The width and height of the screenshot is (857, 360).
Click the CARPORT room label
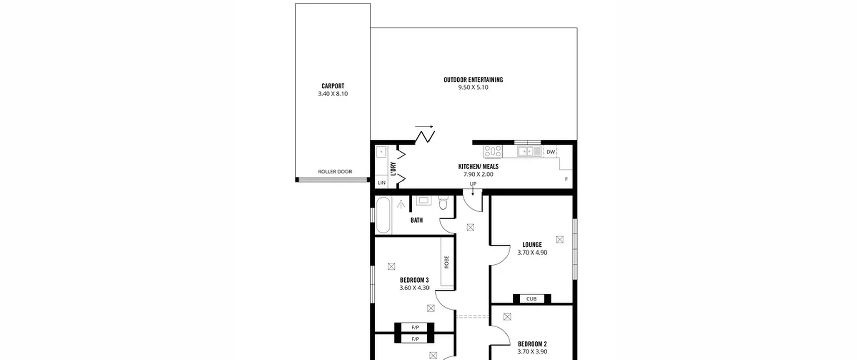point(333,86)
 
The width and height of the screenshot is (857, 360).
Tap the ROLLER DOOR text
point(335,172)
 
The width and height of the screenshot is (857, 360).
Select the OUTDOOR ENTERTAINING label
point(473,80)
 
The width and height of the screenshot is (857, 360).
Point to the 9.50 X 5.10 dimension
point(473,87)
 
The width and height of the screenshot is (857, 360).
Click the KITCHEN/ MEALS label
point(478,166)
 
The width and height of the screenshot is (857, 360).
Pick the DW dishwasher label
point(551,152)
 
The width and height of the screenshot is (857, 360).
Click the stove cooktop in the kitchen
point(493,151)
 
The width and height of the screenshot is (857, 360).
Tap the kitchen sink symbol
point(529,151)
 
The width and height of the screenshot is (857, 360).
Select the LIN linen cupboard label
point(381,183)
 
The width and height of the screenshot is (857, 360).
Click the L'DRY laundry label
point(393,169)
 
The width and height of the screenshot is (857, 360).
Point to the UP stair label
point(473,184)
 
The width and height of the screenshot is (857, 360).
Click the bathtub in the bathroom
point(383,215)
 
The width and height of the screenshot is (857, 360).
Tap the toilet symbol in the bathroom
point(443,202)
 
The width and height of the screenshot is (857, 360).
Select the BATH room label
point(417,220)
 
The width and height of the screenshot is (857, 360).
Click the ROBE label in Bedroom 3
point(446,262)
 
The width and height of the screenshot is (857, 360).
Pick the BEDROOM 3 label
point(414,280)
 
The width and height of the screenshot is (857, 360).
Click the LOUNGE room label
point(532,245)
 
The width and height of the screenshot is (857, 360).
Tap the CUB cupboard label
point(531,299)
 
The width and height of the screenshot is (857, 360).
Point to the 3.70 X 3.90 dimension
point(532,352)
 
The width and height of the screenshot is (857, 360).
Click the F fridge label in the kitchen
point(566,179)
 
